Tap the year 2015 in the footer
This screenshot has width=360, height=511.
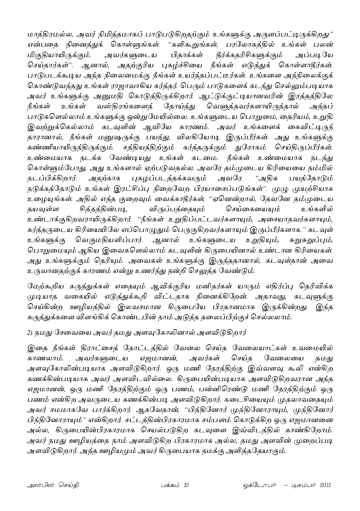coord(324,485)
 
